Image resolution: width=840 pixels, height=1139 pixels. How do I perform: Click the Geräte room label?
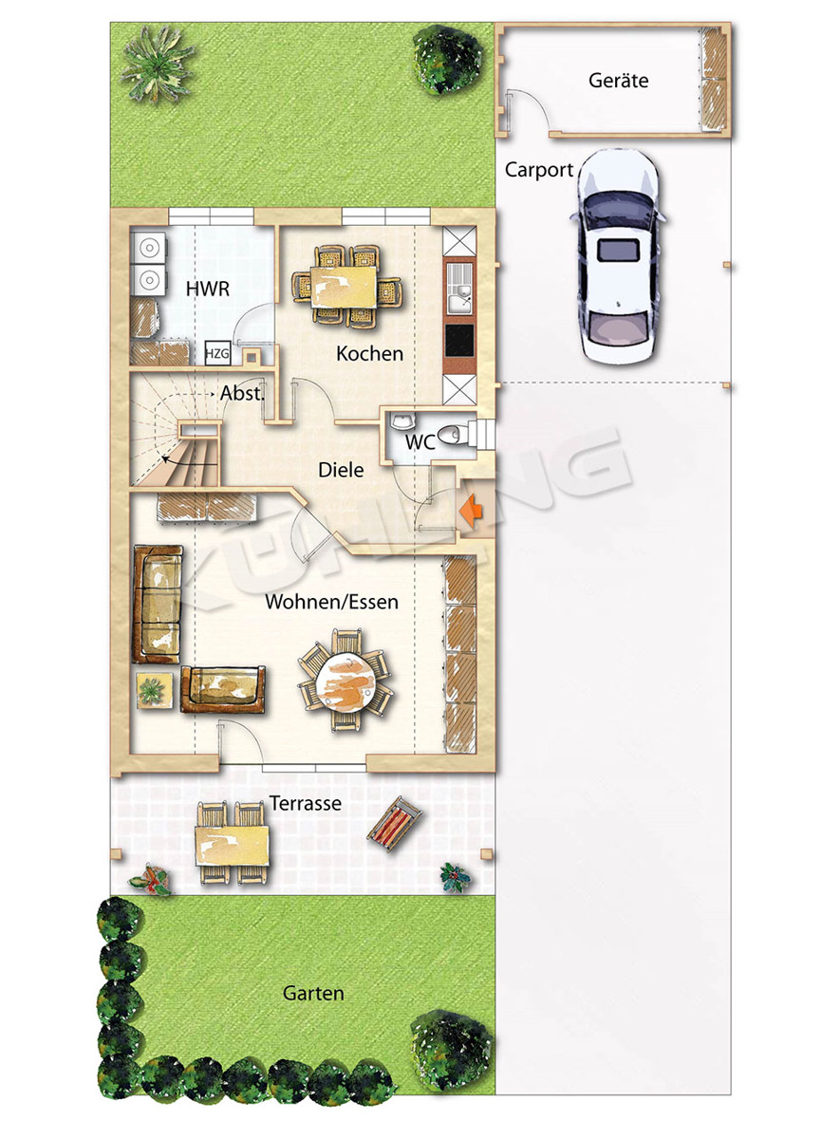[x=618, y=81]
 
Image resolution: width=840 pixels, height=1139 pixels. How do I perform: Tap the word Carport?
[x=539, y=170]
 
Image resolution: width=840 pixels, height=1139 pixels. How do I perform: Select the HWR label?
[x=208, y=289]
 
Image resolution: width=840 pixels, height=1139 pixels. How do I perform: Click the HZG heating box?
[x=217, y=353]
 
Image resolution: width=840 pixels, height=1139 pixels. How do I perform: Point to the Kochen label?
[x=369, y=354]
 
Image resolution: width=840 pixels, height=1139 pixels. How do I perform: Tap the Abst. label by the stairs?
[x=243, y=393]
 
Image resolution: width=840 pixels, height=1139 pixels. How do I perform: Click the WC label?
[x=420, y=442]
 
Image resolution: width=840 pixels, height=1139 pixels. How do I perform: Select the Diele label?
[x=341, y=471]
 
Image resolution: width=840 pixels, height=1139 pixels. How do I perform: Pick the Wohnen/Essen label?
[x=331, y=602]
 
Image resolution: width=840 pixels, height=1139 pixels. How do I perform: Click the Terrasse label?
[x=305, y=803]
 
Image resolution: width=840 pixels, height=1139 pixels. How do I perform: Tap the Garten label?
[x=313, y=993]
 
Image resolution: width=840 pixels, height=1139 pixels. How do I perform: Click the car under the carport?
[x=618, y=256]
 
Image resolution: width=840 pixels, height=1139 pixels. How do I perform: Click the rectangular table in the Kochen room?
[x=345, y=287]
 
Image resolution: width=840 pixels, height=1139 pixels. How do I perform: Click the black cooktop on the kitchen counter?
[x=459, y=340]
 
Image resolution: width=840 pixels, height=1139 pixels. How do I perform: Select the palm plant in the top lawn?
[x=158, y=64]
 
